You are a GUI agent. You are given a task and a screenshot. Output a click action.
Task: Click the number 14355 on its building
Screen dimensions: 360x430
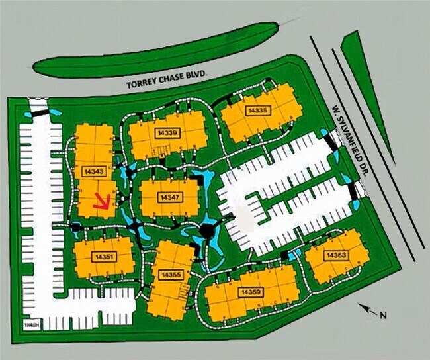[x=171, y=274]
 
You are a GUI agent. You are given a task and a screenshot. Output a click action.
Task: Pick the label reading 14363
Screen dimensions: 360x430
[x=335, y=255]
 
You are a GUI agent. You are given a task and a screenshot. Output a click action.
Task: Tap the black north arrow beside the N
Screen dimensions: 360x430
[x=366, y=307]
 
